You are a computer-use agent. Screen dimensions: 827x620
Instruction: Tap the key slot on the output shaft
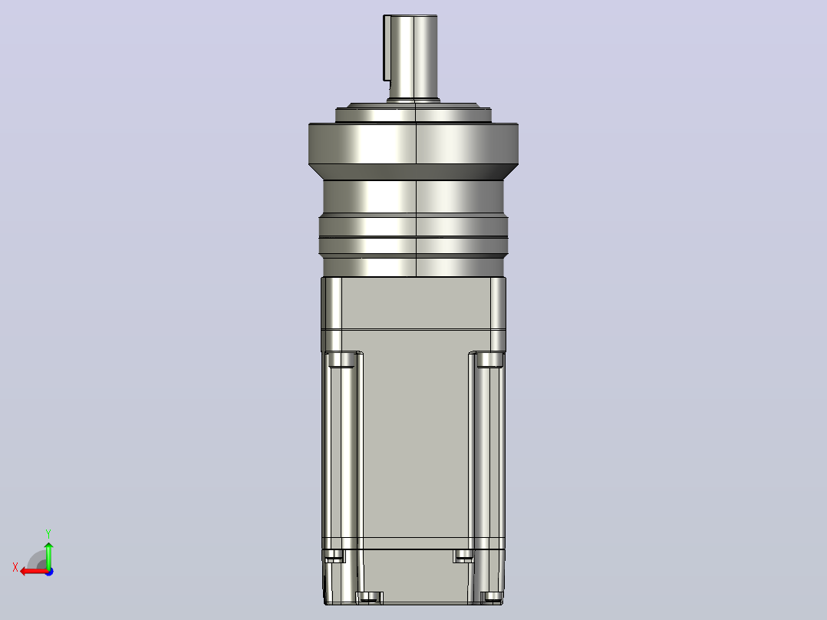point(387,48)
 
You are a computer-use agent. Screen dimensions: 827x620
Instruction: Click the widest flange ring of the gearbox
point(413,143)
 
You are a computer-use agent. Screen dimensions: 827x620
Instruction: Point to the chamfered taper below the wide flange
point(413,173)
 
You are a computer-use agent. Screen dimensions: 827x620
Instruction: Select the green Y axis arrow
point(48,554)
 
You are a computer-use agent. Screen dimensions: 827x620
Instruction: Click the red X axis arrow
point(35,572)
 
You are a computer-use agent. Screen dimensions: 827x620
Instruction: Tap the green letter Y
point(48,533)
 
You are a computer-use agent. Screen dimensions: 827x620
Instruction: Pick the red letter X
point(15,567)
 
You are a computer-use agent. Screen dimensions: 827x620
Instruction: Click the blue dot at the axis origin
point(49,572)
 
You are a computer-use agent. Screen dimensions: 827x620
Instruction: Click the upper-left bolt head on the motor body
point(341,360)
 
